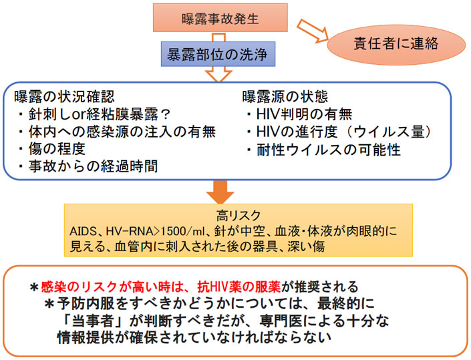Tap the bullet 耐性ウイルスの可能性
click(325, 149)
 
